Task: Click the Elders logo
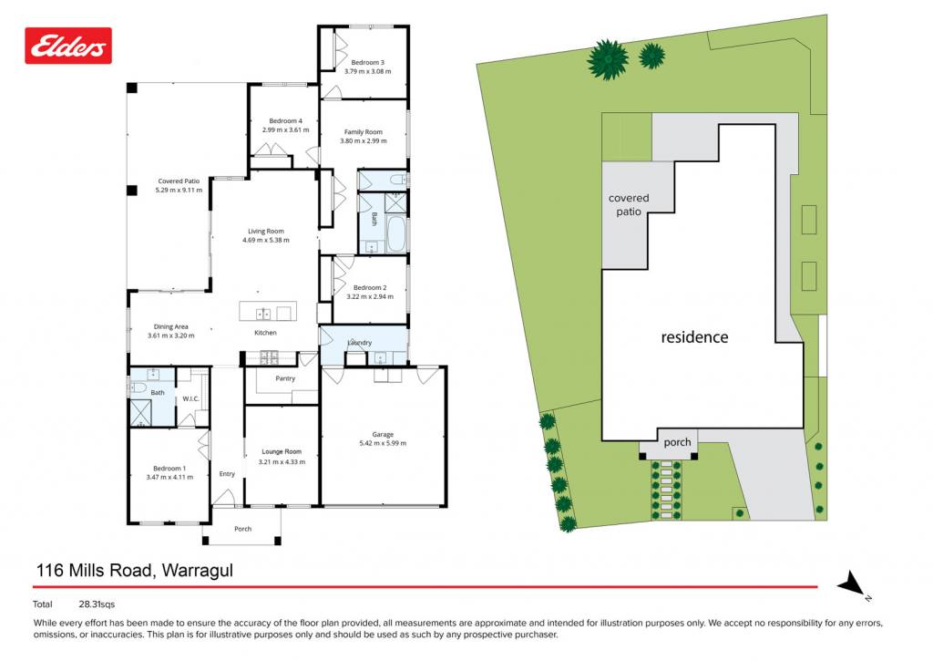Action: coord(67,46)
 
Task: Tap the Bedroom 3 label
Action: coord(368,62)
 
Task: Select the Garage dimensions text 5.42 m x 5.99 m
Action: coord(383,443)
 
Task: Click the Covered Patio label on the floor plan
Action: coord(179,181)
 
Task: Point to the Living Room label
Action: coord(266,231)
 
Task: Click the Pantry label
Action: coord(285,378)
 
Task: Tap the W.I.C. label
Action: coord(190,399)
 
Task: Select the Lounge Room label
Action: coord(282,451)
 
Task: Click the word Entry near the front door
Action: coord(227,474)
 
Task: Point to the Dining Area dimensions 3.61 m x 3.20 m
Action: coord(170,336)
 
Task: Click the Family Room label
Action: coord(363,131)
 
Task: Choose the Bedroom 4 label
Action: coord(285,120)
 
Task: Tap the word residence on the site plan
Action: coord(694,337)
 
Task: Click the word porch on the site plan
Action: coord(677,442)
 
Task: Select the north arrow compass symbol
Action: coord(853,584)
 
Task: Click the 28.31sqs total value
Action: coord(97,604)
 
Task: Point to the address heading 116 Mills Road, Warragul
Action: coord(135,571)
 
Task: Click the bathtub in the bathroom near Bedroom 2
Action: coord(395,233)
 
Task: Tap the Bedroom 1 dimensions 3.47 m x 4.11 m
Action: coord(169,477)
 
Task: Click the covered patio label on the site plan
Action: coord(629,204)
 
